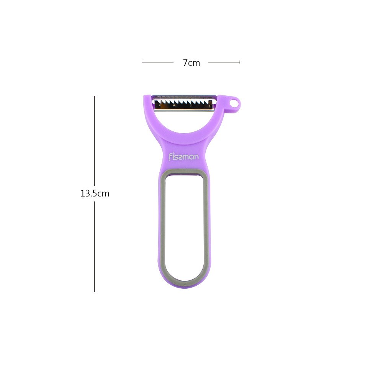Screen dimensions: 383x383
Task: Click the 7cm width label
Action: (x=191, y=62)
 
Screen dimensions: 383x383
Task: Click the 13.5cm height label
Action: (x=95, y=193)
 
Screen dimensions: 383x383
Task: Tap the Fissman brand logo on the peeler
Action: (x=184, y=156)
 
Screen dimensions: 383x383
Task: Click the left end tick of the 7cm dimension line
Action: (x=142, y=62)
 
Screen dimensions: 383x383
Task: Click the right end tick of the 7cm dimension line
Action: (x=240, y=62)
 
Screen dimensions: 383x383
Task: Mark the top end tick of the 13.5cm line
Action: (x=95, y=96)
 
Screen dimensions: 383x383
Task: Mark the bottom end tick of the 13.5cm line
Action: (x=95, y=292)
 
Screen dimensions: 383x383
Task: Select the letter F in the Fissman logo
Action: (x=171, y=156)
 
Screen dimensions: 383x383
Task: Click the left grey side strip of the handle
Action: (x=161, y=226)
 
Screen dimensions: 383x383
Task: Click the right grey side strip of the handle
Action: (x=207, y=226)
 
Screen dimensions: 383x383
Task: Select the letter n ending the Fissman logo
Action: (x=196, y=157)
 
